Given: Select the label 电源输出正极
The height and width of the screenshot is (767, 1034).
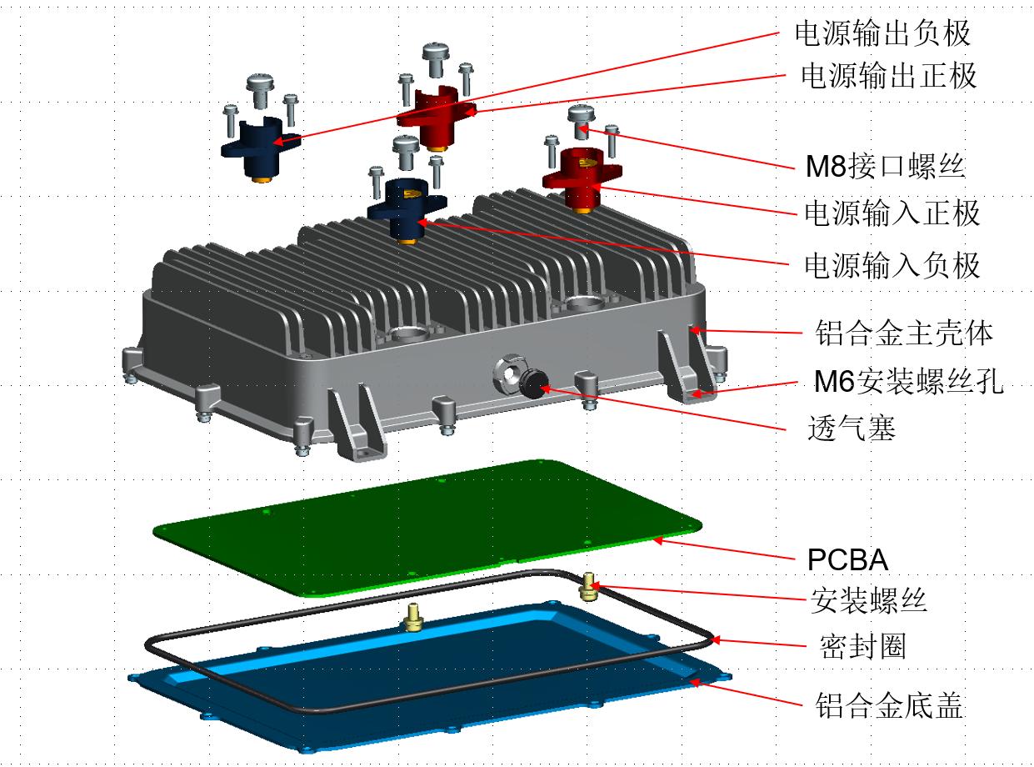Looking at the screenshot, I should (x=888, y=76).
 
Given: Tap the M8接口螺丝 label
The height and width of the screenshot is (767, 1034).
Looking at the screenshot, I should (x=884, y=168).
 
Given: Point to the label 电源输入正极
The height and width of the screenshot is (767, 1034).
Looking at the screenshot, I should (x=891, y=213).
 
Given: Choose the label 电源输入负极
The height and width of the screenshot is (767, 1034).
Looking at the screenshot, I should (x=891, y=265).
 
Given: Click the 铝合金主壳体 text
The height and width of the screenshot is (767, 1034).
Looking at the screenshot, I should (x=904, y=333).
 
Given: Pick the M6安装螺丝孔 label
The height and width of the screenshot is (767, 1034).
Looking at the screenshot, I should (x=908, y=383).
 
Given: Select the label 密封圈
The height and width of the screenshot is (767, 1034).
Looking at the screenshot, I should (x=862, y=646).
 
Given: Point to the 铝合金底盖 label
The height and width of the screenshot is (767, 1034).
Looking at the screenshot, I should (x=888, y=706).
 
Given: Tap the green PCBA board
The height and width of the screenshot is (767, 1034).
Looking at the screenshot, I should (x=425, y=525).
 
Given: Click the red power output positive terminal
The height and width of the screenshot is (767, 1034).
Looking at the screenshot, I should (x=433, y=117).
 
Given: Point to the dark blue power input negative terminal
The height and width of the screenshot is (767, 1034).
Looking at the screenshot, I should (x=407, y=208).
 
